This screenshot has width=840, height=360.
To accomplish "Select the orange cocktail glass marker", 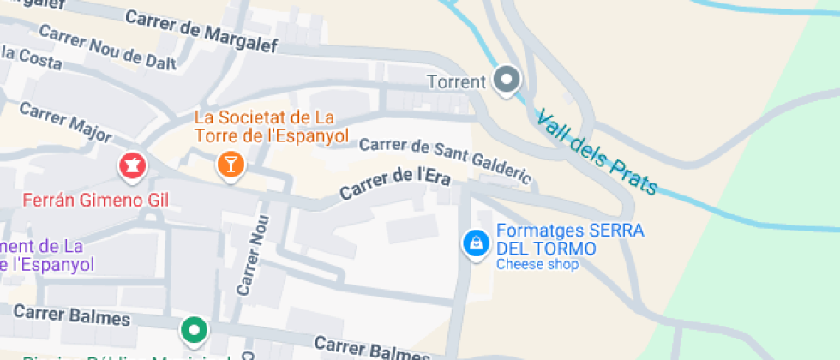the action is [x=230, y=163].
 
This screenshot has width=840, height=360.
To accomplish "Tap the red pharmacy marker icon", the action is [x=132, y=165].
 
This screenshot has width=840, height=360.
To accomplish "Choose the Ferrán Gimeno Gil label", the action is [x=95, y=201].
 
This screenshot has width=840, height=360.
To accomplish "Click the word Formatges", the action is [x=539, y=231].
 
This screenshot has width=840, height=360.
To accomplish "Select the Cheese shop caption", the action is [x=537, y=264].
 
